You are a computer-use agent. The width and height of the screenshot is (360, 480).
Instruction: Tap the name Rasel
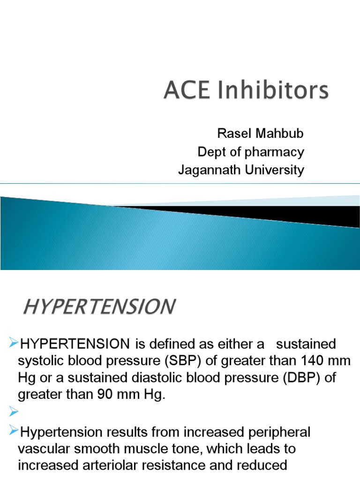(233, 134)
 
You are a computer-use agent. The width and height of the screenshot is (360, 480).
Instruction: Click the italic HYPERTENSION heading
(99, 307)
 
